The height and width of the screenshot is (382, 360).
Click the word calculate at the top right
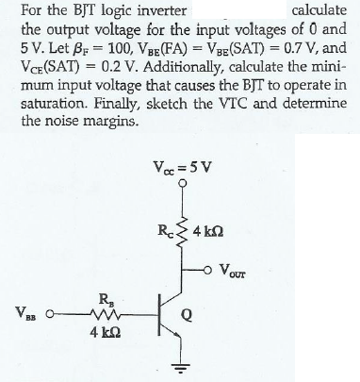[x=322, y=9]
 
